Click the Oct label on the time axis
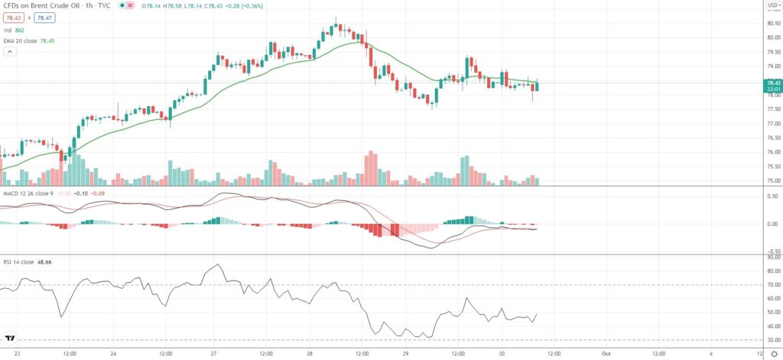[605, 354]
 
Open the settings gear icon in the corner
[772, 354]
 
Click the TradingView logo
[11, 338]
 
